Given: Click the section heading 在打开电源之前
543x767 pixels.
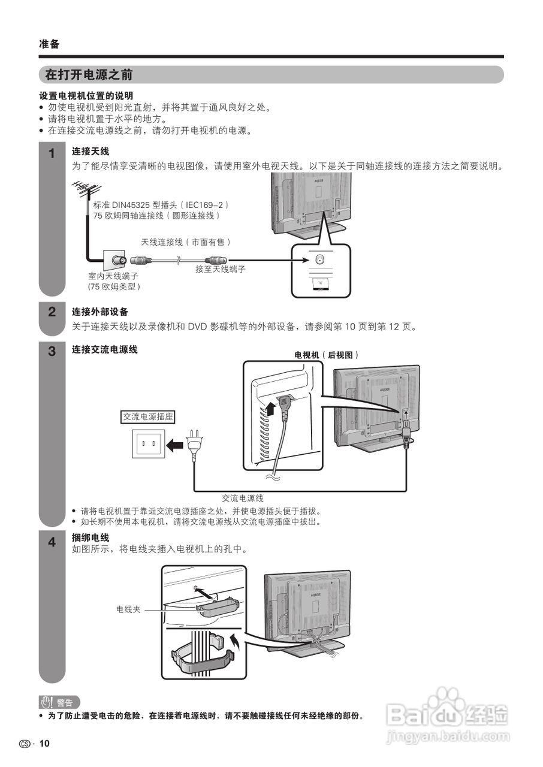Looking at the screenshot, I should tap(89, 75).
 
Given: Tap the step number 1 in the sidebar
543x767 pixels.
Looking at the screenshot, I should tap(52, 153).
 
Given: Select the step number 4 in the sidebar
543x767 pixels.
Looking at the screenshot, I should tap(52, 542).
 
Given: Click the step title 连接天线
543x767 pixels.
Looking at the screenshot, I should tap(90, 152).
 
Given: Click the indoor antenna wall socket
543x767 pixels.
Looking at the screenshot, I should tap(115, 261).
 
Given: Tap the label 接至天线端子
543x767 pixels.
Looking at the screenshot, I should tap(220, 270).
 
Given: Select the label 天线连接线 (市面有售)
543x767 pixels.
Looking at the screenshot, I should tap(186, 241).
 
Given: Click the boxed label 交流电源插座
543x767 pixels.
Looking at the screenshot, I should tap(148, 416).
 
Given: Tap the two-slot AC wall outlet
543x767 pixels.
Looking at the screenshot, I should tap(147, 445).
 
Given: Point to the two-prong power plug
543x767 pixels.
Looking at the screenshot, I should tap(194, 445).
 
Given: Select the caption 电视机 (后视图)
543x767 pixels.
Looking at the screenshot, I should tap(326, 355).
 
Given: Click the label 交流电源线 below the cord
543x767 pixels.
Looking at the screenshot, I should tap(242, 497).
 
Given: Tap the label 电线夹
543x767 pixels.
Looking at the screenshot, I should tap(128, 609).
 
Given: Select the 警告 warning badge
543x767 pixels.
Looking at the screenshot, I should tap(59, 703).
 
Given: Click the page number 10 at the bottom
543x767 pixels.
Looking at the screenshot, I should tap(45, 744).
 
